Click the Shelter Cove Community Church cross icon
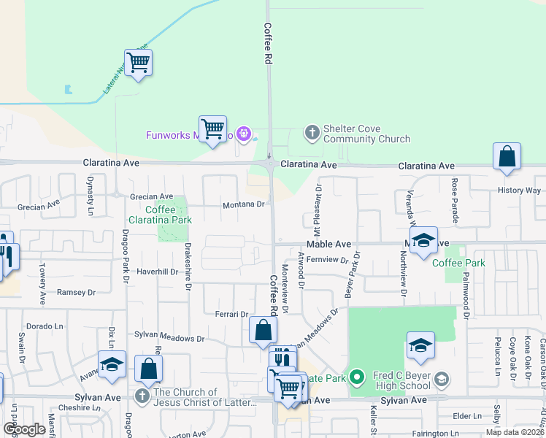pyautogui.click(x=312, y=133)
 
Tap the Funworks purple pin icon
pyautogui.click(x=245, y=134)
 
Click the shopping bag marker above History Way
pyautogui.click(x=507, y=157)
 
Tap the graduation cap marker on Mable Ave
pyautogui.click(x=423, y=242)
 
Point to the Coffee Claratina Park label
pyautogui.click(x=160, y=214)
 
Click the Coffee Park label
pyautogui.click(x=458, y=263)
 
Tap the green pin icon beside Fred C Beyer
pyautogui.click(x=356, y=377)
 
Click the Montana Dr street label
pyautogui.click(x=243, y=204)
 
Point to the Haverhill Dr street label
pyautogui.click(x=157, y=272)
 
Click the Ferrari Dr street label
pyautogui.click(x=232, y=314)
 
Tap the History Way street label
pyautogui.click(x=519, y=191)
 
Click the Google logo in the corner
pyautogui.click(x=24, y=429)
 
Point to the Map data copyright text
pyautogui.click(x=515, y=432)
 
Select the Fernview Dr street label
pyautogui.click(x=328, y=260)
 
